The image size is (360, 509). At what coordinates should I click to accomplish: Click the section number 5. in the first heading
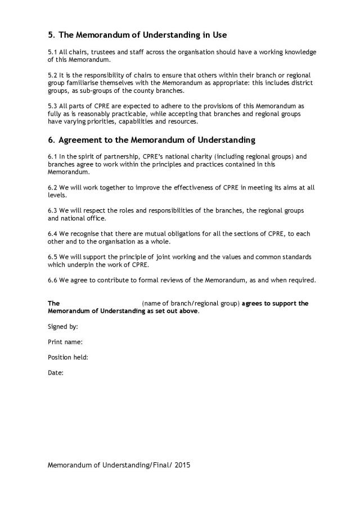(x=51, y=35)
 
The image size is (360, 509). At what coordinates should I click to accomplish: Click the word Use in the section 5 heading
(x=219, y=35)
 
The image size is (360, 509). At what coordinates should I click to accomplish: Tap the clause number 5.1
(x=53, y=52)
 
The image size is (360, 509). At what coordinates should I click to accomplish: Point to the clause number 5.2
(x=53, y=75)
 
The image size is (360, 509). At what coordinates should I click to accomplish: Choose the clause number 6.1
(x=53, y=156)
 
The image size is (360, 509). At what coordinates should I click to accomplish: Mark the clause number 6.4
(x=53, y=233)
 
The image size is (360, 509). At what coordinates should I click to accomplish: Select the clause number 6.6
(x=53, y=280)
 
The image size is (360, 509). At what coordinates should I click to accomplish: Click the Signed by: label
(x=63, y=326)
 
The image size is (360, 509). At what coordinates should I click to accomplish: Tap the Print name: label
(x=65, y=341)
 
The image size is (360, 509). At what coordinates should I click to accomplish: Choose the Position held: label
(x=68, y=357)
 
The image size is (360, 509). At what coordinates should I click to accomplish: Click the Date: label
(x=56, y=372)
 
